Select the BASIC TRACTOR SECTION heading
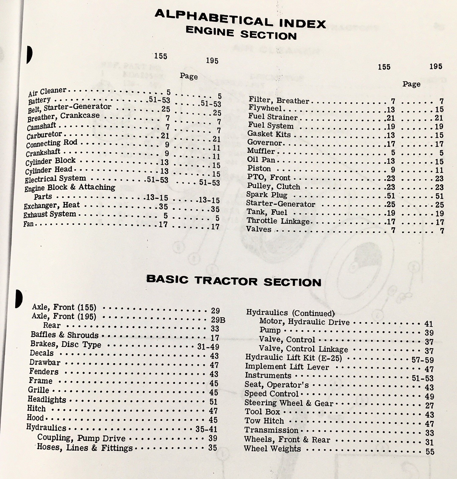point(234,281)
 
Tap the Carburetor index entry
point(44,135)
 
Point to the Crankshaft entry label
point(43,153)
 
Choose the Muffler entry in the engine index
point(261,151)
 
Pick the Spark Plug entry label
point(267,195)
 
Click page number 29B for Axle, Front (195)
point(218,320)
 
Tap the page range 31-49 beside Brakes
point(208,347)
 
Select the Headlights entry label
point(47,400)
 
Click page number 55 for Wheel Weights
point(430,451)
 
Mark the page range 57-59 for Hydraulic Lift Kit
point(423,360)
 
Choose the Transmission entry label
point(271,430)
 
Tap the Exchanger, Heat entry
point(52,206)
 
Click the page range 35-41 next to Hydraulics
point(206,429)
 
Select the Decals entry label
point(41,353)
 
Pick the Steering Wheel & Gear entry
point(289,403)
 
